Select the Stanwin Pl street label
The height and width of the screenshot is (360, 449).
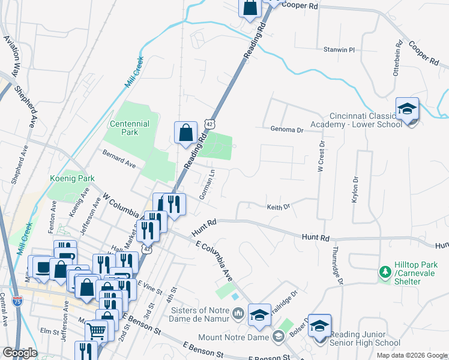tap(340, 49)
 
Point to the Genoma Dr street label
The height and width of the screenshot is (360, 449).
tap(284, 129)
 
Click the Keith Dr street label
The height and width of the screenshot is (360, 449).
tap(279, 206)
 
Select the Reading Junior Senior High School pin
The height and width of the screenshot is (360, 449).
tap(320, 326)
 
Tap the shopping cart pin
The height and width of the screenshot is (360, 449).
tap(96, 329)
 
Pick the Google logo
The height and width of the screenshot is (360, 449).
tap(20, 353)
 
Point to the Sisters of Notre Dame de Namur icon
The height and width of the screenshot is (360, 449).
tap(238, 312)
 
